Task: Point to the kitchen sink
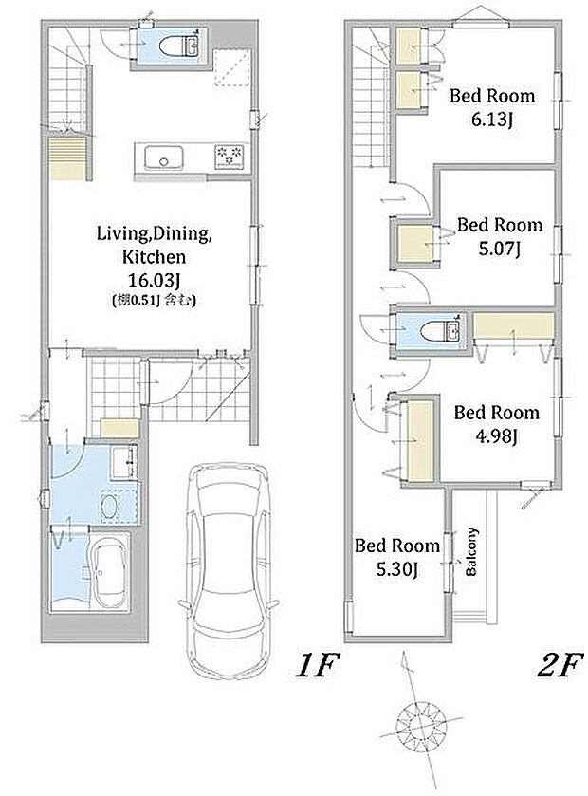163,157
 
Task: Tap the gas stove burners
229,155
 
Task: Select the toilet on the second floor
440,331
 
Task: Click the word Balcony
471,552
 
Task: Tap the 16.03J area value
155,280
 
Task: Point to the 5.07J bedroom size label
500,250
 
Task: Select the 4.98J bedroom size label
496,436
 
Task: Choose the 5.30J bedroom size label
397,569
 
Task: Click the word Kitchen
155,257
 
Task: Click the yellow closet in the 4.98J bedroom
419,440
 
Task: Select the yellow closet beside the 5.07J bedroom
415,244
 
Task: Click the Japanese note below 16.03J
154,301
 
